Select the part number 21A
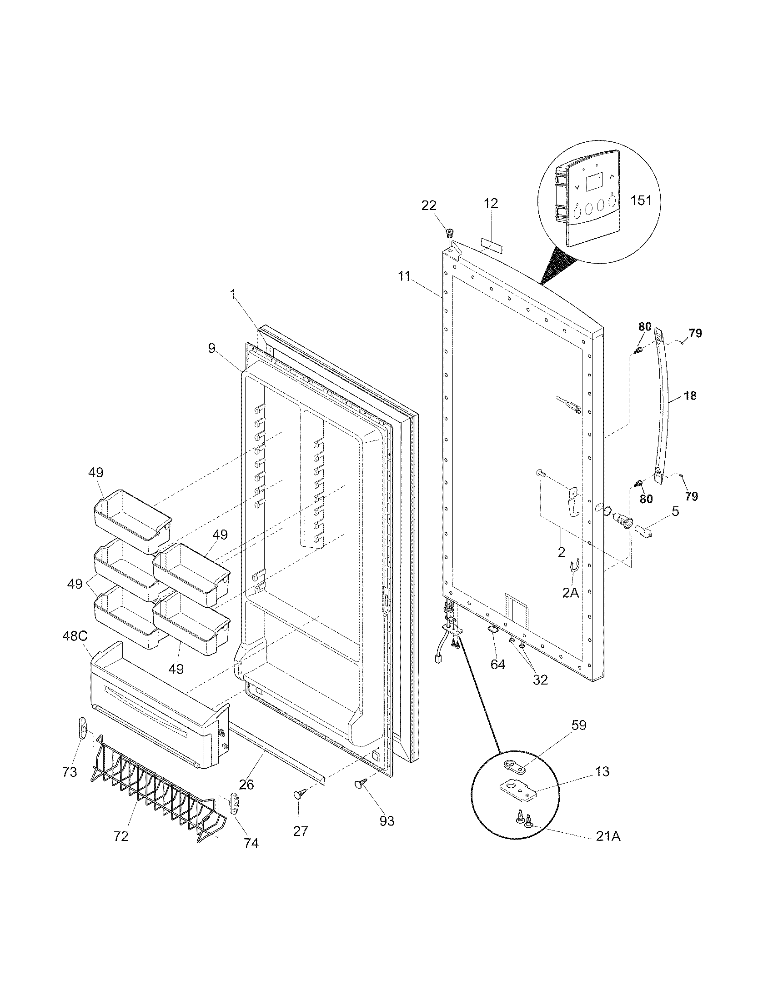coord(608,836)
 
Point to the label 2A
coord(571,593)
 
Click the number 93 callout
coord(387,821)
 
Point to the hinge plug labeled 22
coord(449,233)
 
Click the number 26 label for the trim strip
coord(246,784)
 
